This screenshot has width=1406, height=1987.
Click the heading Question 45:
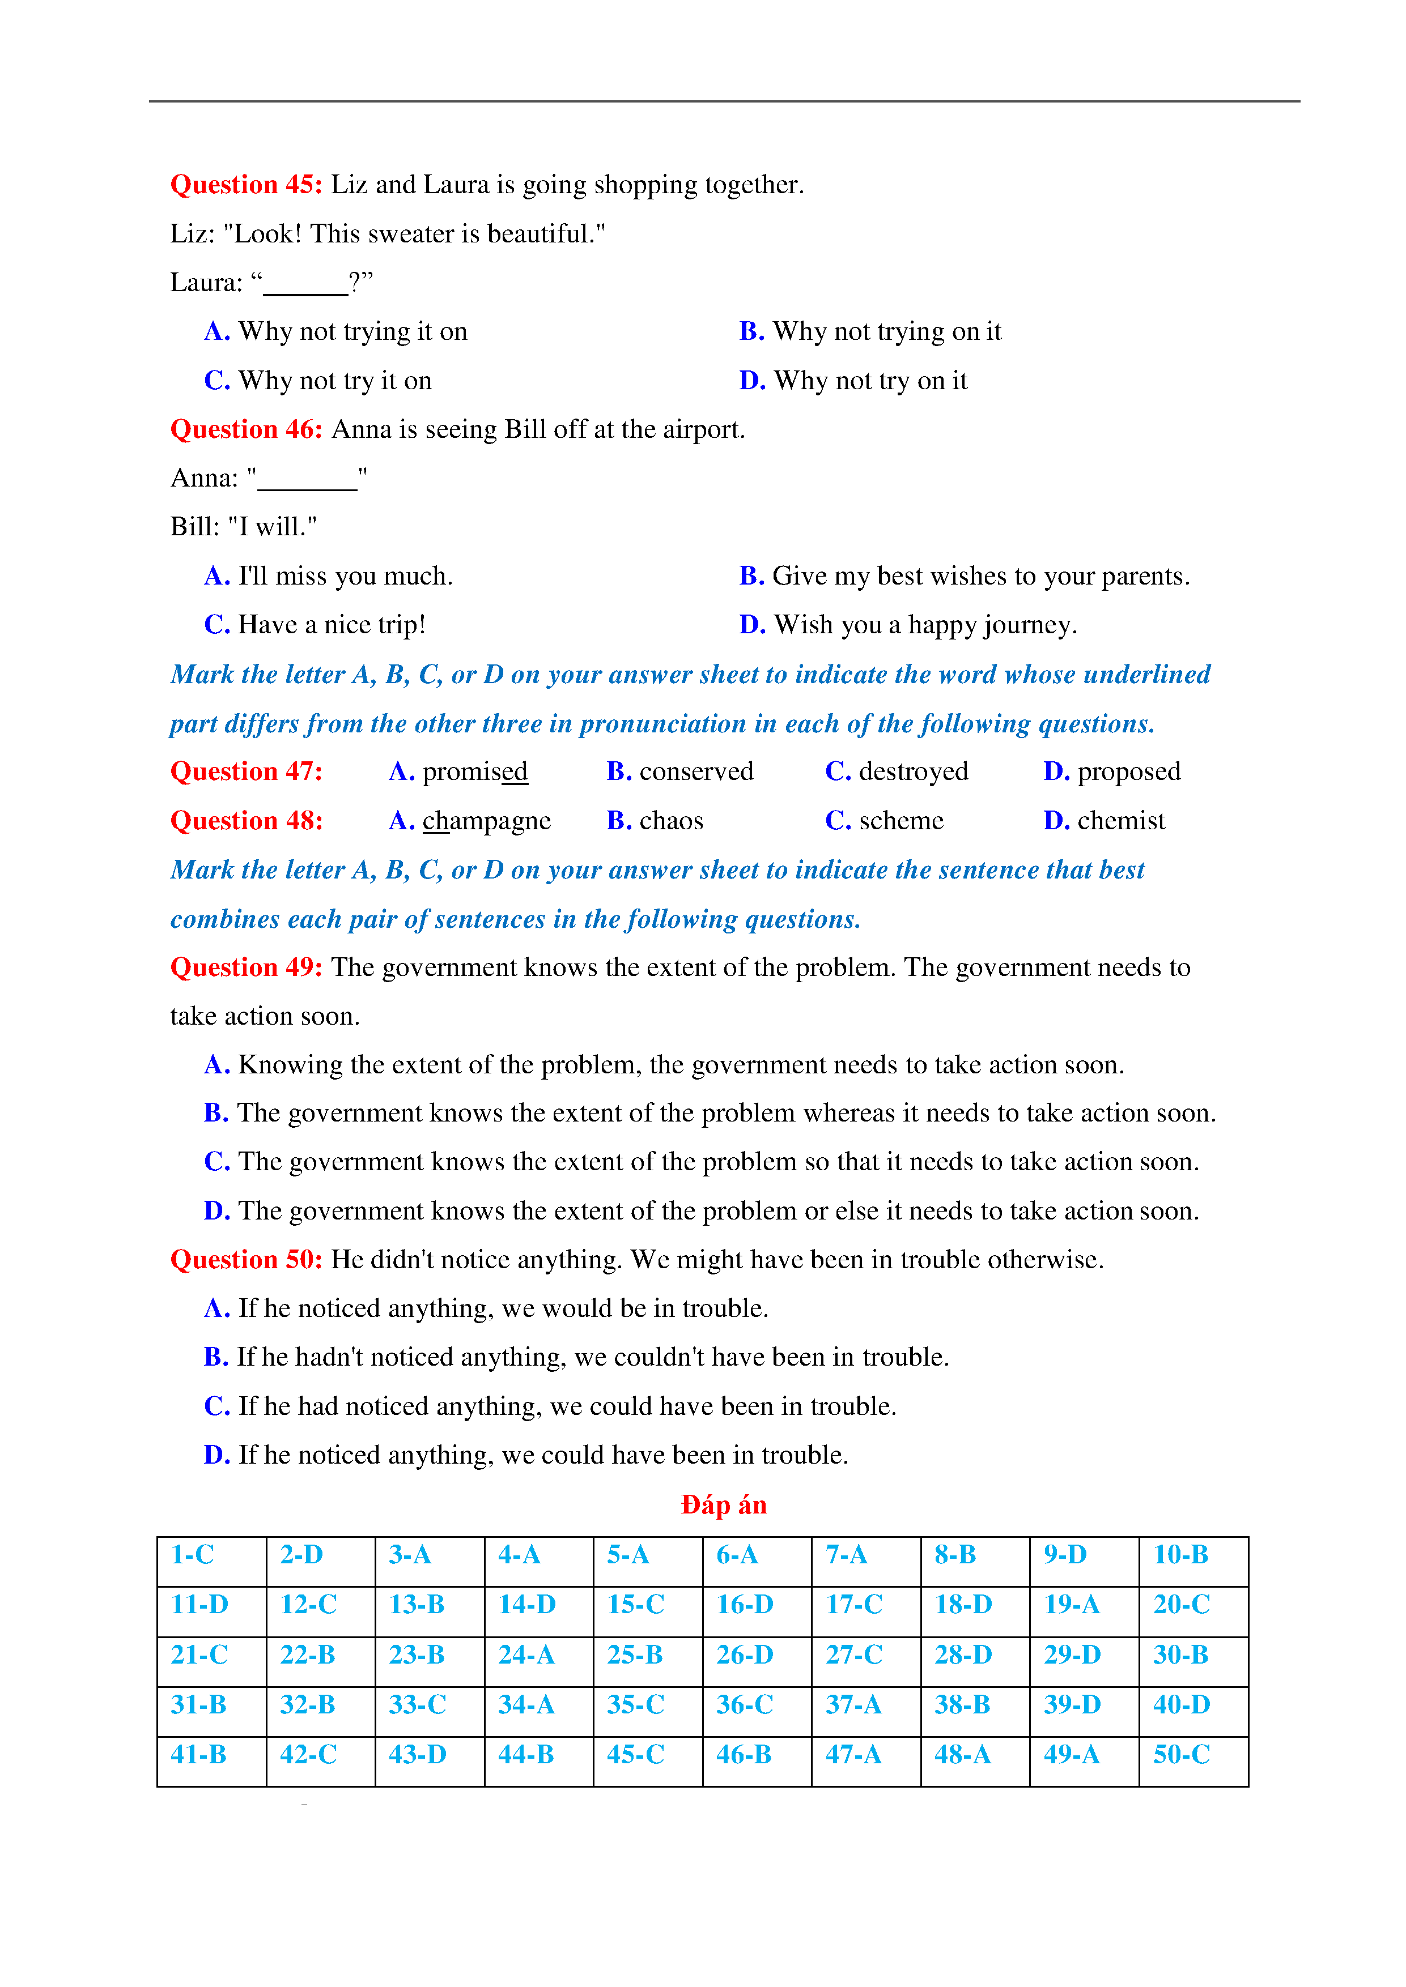(246, 184)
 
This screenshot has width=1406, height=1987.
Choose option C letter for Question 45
(216, 381)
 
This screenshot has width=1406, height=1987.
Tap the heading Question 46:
(246, 429)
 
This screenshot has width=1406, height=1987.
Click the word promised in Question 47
(474, 771)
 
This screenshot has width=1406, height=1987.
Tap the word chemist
(1120, 820)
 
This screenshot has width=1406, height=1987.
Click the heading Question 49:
(246, 967)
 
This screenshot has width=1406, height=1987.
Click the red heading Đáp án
(723, 1505)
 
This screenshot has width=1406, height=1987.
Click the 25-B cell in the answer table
(635, 1655)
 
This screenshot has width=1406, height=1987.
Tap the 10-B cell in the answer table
(1181, 1555)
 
